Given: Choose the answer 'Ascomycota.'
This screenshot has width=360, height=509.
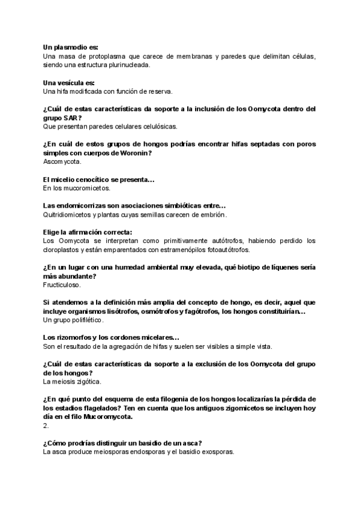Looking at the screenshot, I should [x=63, y=162].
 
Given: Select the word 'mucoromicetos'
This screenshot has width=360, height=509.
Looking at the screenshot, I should [x=85, y=188].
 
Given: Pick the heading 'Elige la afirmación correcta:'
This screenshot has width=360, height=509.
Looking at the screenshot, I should [x=88, y=232].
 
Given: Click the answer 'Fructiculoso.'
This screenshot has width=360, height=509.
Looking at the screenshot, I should [x=62, y=285].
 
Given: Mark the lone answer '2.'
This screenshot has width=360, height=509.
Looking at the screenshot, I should [x=46, y=426].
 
